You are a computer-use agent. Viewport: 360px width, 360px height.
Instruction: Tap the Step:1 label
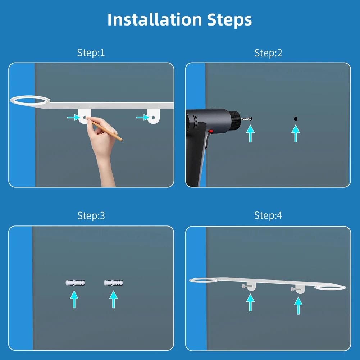tap(91, 53)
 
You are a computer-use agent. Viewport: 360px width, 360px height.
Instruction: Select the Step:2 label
tap(268, 53)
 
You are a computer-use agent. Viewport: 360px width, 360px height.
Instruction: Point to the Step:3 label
tap(91, 216)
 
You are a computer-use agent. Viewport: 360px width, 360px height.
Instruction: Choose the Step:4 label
tap(268, 216)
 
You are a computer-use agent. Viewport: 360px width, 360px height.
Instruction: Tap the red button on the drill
tap(211, 132)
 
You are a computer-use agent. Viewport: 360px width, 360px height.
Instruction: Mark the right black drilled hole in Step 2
tap(296, 119)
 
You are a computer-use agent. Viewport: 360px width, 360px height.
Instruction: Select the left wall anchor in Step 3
tap(75, 282)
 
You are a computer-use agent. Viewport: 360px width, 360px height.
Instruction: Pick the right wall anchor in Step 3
tap(113, 282)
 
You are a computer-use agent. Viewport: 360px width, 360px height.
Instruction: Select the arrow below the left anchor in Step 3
tap(74, 299)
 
